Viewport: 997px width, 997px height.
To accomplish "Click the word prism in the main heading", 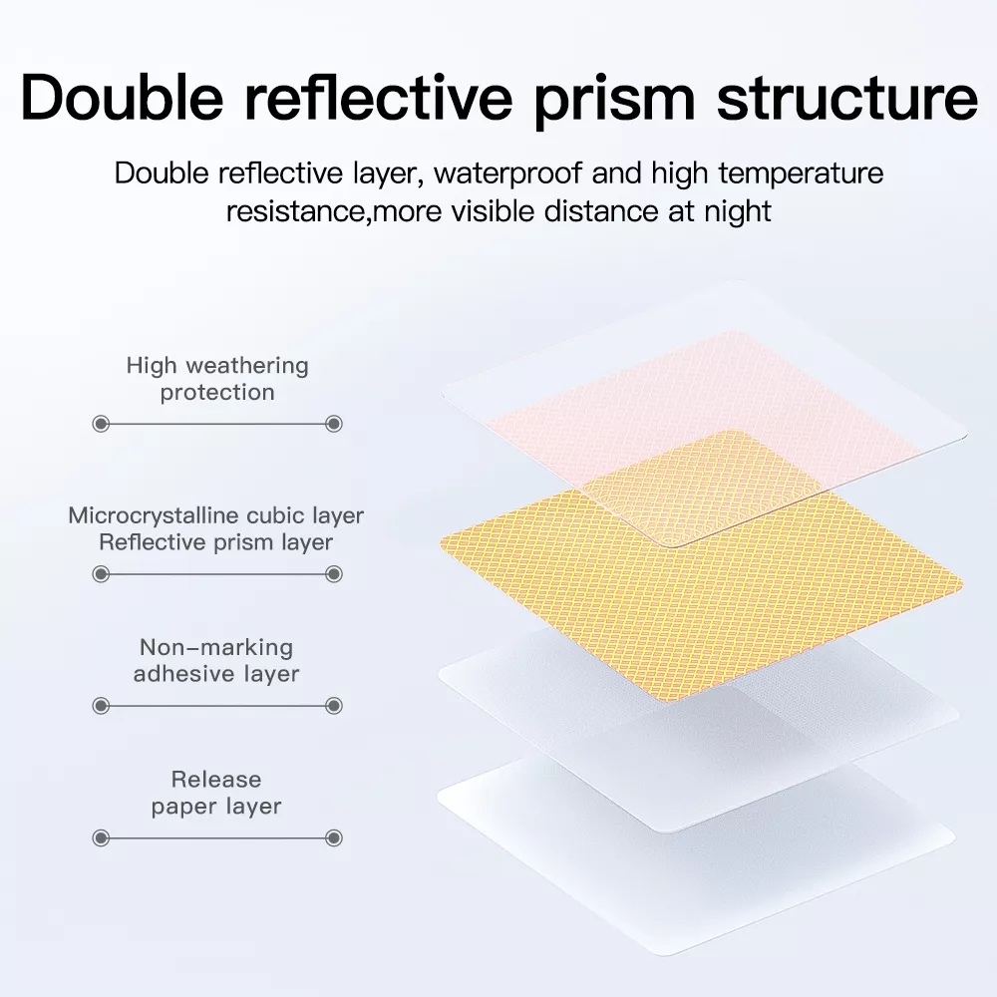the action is [x=614, y=102].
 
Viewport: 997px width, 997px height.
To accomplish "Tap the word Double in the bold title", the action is [x=122, y=98].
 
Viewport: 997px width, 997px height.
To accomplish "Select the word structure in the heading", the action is [x=846, y=98].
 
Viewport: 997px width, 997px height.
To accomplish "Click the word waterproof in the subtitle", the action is [x=508, y=172].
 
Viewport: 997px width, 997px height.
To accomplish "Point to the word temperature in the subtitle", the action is [x=802, y=173].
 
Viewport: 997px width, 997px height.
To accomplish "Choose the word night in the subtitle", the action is [x=738, y=211].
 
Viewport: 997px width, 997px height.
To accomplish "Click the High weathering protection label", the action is [x=217, y=379].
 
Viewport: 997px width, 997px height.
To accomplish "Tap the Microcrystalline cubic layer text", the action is [x=216, y=515].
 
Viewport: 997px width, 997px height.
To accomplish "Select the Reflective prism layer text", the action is [x=216, y=542].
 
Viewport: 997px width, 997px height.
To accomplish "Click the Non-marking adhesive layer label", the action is [x=216, y=661].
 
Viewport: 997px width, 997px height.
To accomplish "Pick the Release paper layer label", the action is [x=216, y=793].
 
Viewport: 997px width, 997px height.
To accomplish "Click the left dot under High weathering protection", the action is [x=101, y=424].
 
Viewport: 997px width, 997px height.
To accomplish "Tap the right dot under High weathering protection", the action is [x=334, y=424].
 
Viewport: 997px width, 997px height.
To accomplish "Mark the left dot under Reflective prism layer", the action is [x=101, y=575].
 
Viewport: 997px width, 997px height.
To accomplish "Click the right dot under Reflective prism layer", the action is [x=334, y=575].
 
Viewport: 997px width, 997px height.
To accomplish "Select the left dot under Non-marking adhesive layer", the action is [x=101, y=706].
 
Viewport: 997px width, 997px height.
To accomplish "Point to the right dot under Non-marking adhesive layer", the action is [x=334, y=706].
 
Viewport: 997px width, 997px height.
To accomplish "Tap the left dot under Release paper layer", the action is [x=101, y=838].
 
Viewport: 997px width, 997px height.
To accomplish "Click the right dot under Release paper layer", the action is [x=334, y=838].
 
